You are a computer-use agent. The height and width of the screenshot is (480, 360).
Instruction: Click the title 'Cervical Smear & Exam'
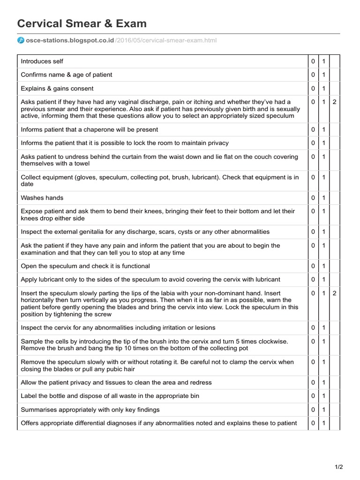click(x=82, y=23)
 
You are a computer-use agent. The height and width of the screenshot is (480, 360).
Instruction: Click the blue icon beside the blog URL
click(x=21, y=40)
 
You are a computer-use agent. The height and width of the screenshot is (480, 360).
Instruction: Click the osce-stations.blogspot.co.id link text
click(x=70, y=40)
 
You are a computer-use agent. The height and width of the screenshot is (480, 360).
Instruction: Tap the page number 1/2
click(x=339, y=466)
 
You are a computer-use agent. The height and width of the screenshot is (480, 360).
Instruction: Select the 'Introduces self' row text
click(x=42, y=61)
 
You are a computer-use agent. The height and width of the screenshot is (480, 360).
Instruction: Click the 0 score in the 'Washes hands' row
click(x=313, y=198)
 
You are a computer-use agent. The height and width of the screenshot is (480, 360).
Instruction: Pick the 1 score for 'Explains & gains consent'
click(x=324, y=89)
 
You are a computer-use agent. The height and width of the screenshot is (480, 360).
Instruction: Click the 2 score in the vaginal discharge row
click(x=335, y=102)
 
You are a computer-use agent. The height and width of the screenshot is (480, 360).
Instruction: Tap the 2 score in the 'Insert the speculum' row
click(x=335, y=293)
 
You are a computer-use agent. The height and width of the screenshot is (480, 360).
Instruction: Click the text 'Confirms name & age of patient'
click(x=67, y=75)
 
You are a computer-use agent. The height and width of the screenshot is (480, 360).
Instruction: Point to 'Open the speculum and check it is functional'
click(x=85, y=266)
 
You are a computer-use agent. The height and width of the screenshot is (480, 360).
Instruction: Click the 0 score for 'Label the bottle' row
click(x=313, y=396)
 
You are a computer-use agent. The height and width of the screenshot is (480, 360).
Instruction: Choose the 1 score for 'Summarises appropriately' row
click(x=324, y=410)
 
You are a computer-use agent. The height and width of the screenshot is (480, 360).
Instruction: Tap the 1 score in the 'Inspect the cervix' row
click(x=324, y=328)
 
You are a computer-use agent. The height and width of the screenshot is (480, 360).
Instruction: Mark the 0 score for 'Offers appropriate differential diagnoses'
click(x=313, y=423)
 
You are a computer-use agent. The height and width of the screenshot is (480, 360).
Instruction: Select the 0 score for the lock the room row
click(x=313, y=143)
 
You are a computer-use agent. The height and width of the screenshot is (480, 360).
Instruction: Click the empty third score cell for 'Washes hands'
click(x=335, y=198)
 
